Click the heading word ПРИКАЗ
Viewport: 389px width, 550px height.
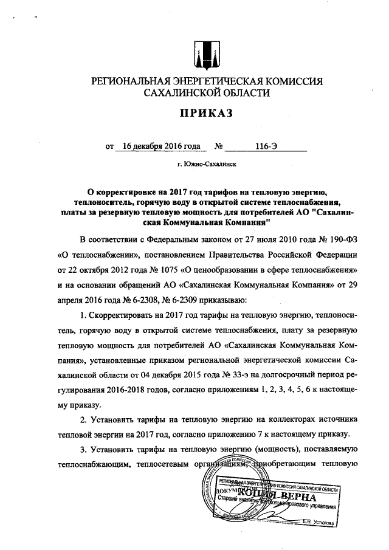(x=205, y=114)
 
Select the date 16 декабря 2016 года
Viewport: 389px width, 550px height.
(x=161, y=146)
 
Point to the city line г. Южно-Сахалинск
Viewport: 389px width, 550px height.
(x=206, y=164)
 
